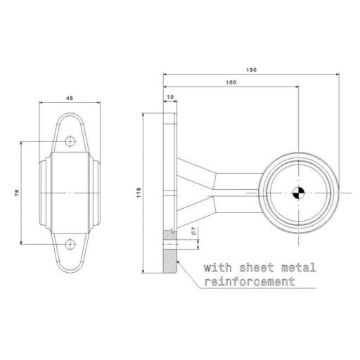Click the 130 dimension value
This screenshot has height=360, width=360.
pos(252,69)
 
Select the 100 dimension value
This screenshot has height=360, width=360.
pos(231,83)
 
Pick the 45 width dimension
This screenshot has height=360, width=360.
pos(70,98)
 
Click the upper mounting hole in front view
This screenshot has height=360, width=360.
pos(70,143)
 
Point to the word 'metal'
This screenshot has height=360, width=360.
pos(296,268)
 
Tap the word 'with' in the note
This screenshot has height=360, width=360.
pos(217,268)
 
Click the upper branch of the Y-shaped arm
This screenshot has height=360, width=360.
pos(193,172)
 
